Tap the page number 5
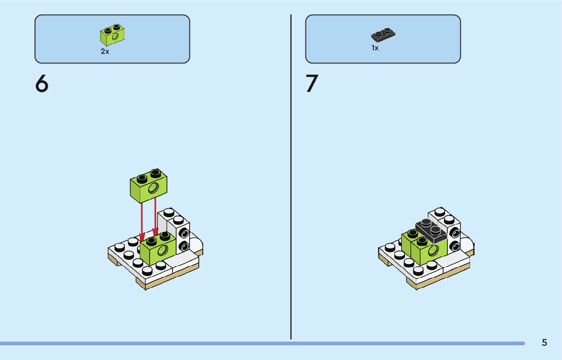tap(544, 342)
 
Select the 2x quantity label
tap(105, 52)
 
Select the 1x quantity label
tap(375, 48)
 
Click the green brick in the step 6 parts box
tap(113, 35)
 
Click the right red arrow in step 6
tap(155, 218)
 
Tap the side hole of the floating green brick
tap(153, 189)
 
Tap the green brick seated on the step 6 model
tap(158, 247)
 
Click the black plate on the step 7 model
tap(431, 229)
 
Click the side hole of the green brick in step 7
tap(433, 250)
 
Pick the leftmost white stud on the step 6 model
tap(120, 248)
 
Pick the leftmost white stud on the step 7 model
tap(390, 248)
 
